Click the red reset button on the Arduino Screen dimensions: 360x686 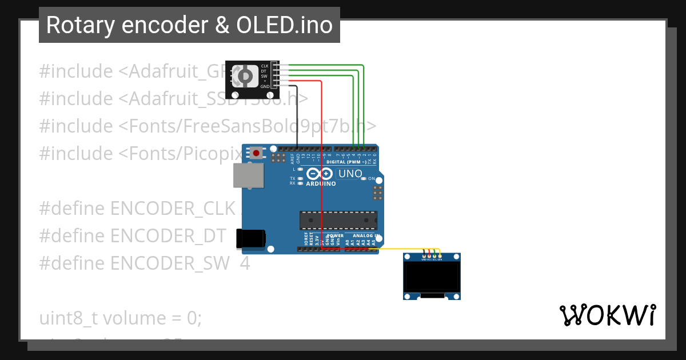[x=257, y=153]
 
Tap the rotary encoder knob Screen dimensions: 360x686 [x=245, y=75]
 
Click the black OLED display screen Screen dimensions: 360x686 [x=432, y=277]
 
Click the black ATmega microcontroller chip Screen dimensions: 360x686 [x=338, y=219]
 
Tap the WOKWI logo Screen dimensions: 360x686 [x=607, y=315]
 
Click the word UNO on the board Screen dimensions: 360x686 [x=350, y=174]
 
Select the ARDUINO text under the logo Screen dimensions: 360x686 [x=321, y=184]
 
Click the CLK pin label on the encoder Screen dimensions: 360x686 [x=265, y=66]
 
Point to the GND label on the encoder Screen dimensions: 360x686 [x=265, y=86]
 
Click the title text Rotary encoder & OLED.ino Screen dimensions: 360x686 [x=189, y=25]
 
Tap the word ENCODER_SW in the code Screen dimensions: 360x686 [x=171, y=263]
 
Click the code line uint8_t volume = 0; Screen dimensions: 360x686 [x=121, y=318]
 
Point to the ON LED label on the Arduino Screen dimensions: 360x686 [x=371, y=179]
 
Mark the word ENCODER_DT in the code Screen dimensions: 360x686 [x=171, y=235]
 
